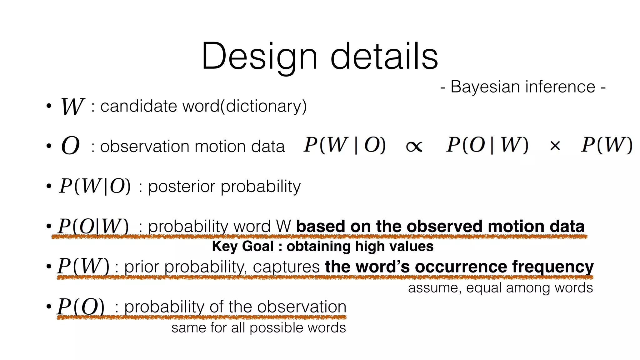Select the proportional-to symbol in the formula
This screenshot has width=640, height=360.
414,146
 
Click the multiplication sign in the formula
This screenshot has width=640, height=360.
555,146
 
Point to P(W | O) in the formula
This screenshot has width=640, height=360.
345,145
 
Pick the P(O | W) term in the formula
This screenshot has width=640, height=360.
487,145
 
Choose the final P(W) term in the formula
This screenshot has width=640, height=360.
607,145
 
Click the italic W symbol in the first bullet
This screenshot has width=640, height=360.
72,107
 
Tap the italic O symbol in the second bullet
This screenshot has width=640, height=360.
71,146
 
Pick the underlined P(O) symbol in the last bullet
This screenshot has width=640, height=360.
81,307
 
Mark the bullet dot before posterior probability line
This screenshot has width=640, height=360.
49,186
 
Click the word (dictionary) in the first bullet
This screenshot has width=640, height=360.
263,106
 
